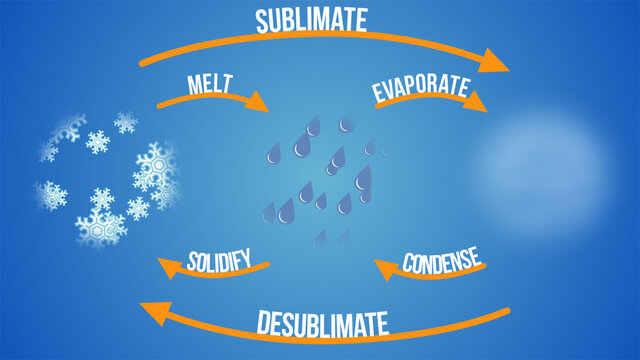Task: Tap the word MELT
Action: click(209, 85)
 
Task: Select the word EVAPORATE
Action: click(420, 89)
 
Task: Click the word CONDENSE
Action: click(442, 264)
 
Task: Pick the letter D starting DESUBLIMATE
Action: click(264, 325)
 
